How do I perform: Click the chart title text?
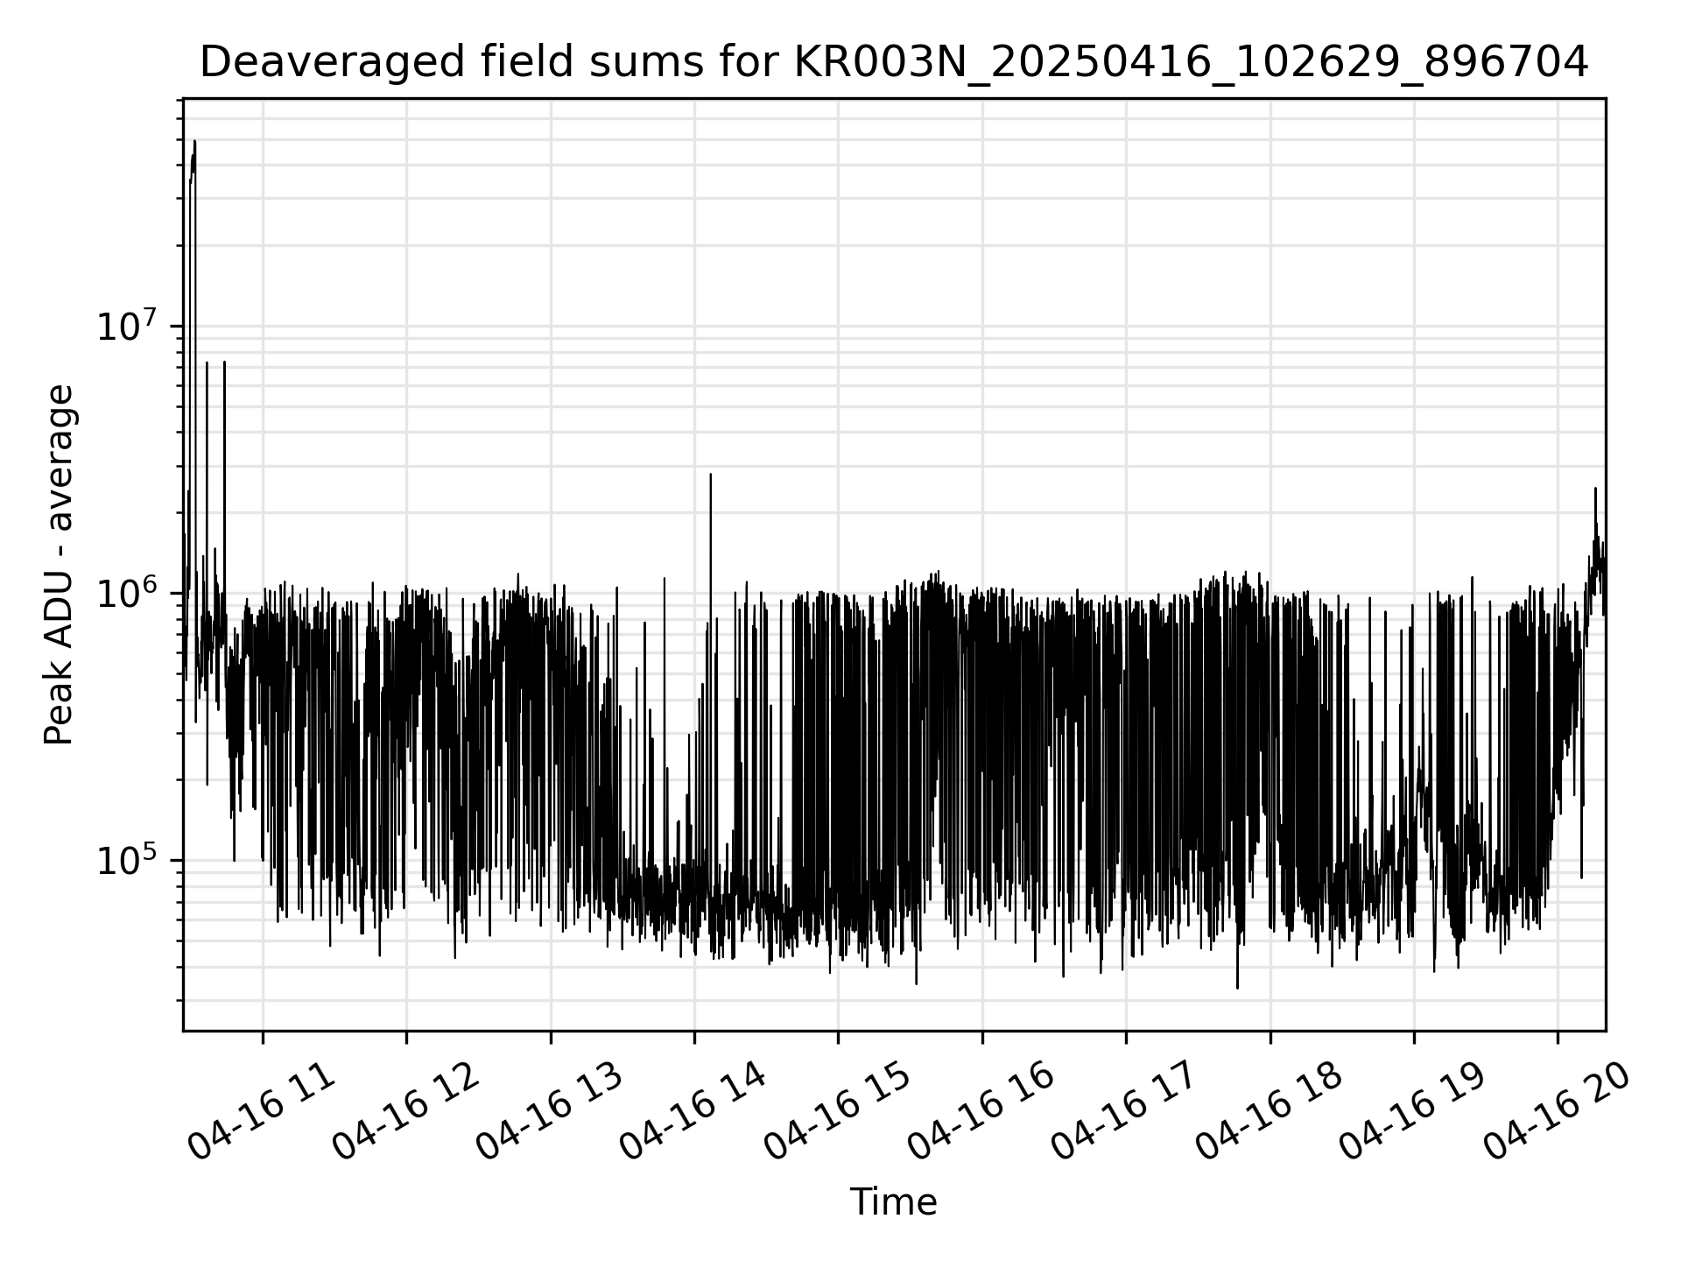tap(893, 63)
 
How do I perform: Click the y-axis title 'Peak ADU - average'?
tap(60, 565)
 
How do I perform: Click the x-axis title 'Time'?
tap(893, 1202)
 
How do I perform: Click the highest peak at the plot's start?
tap(194, 142)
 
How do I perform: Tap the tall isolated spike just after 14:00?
tap(710, 476)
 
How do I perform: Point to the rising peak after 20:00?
tap(1595, 490)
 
